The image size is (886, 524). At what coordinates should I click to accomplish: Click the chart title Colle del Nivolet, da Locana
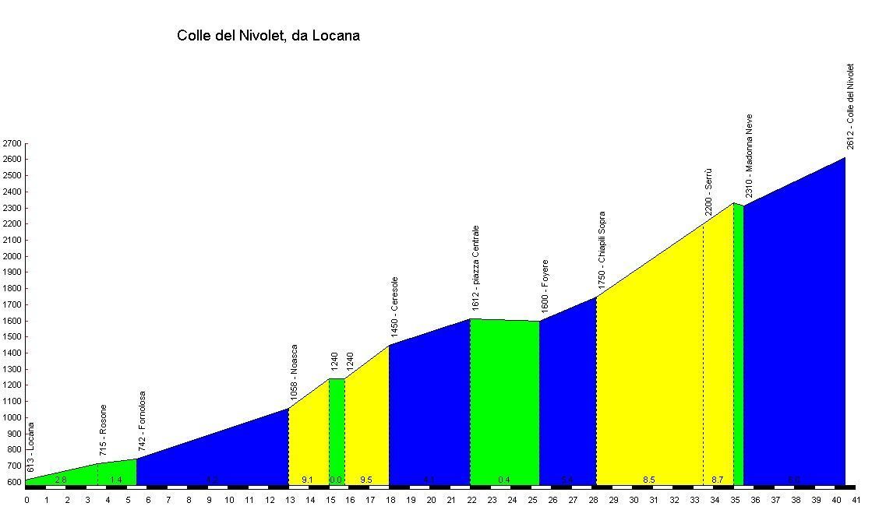click(x=268, y=36)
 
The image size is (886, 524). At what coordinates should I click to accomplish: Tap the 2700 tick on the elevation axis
click(x=12, y=144)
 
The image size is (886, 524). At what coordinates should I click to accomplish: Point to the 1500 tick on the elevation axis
click(x=12, y=337)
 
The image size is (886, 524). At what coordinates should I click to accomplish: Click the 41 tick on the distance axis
click(x=856, y=500)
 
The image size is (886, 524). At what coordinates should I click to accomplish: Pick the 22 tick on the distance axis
click(x=471, y=500)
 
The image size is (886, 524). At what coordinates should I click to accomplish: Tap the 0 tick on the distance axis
click(x=26, y=500)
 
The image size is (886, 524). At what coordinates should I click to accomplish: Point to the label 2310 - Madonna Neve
click(x=749, y=156)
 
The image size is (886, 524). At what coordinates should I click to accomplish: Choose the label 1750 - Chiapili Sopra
click(x=602, y=251)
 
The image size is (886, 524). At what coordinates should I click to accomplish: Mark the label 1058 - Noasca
click(x=294, y=373)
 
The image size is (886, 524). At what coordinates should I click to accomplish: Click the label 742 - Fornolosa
click(x=143, y=421)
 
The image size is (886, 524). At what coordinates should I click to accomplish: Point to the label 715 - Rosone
click(x=104, y=431)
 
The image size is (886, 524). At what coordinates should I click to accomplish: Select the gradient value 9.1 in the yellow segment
click(x=308, y=480)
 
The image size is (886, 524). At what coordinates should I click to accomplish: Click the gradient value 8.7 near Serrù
click(x=718, y=480)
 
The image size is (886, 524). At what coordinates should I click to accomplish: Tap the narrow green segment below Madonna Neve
click(x=738, y=343)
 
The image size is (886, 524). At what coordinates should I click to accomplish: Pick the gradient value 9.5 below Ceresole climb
click(x=366, y=480)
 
